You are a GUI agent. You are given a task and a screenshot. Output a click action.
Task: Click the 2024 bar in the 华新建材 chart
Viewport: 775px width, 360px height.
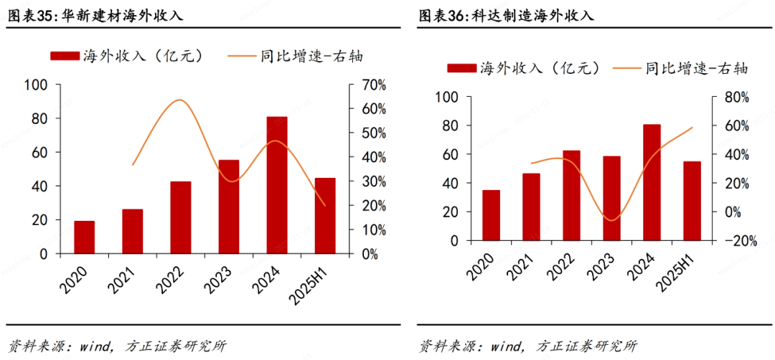277,185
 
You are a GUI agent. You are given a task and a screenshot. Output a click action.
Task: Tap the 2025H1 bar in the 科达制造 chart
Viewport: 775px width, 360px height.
692,201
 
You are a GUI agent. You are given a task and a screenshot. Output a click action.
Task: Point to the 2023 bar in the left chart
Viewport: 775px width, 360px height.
229,207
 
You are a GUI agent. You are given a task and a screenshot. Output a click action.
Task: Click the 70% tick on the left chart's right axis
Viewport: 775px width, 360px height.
373,85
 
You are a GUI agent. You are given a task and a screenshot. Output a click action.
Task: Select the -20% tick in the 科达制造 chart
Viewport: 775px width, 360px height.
740,241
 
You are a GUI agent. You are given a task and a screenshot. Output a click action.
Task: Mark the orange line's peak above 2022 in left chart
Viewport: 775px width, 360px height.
180,100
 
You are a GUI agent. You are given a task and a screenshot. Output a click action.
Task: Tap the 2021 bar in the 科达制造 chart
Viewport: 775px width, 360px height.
531,207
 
